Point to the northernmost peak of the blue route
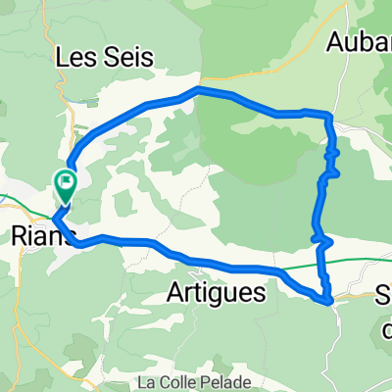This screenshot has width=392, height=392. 200,90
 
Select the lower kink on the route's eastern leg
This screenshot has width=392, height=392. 318,236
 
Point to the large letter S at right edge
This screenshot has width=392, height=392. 384,295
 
